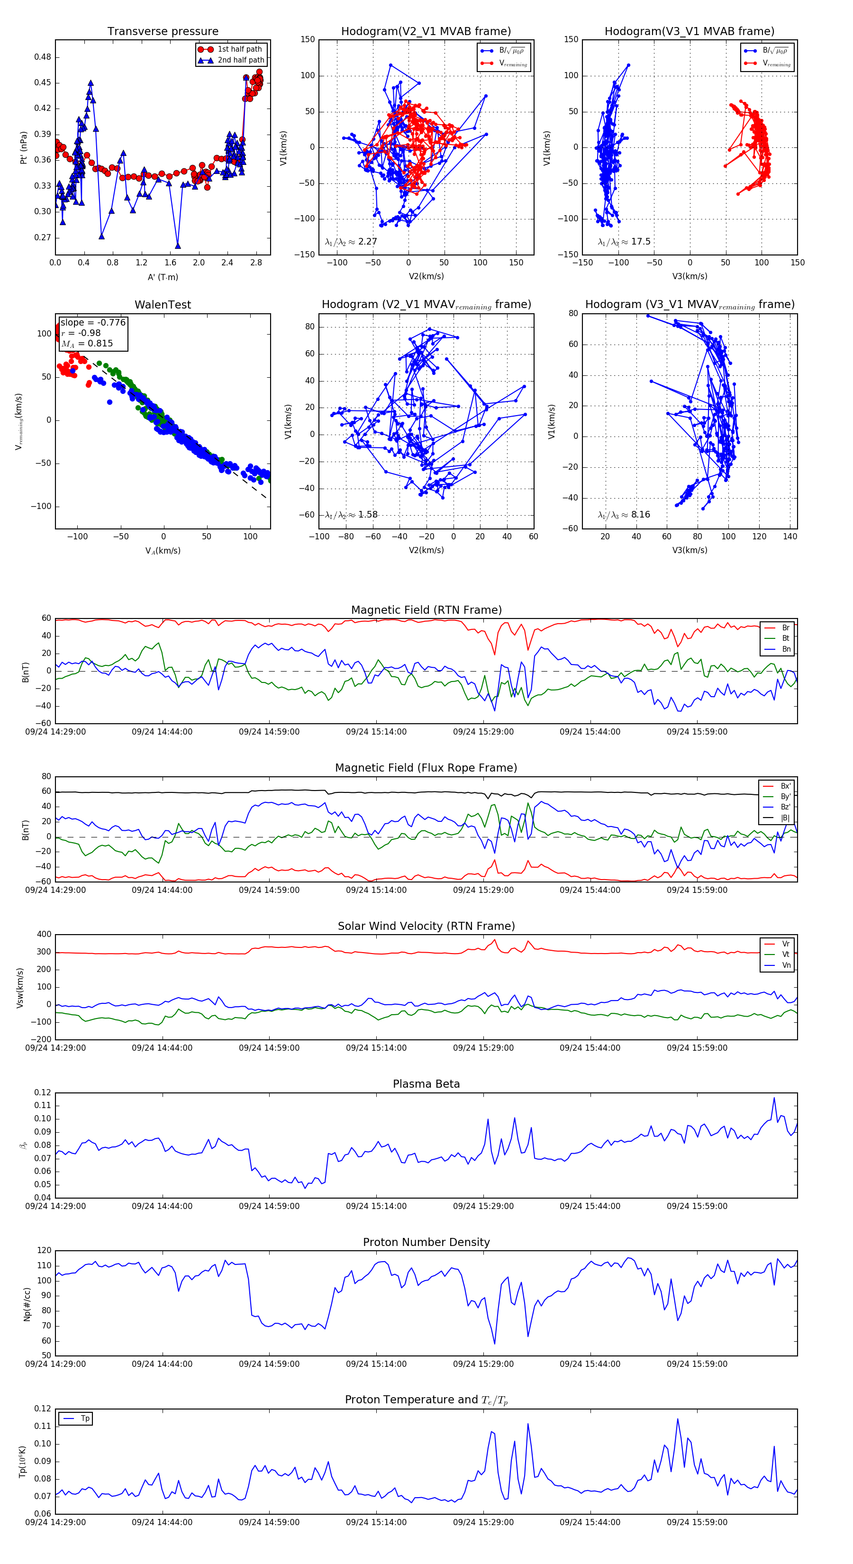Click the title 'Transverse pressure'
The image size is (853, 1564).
click(163, 32)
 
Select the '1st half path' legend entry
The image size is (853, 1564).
click(239, 49)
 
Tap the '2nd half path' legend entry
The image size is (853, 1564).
click(240, 60)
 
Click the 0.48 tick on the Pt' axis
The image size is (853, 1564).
click(43, 57)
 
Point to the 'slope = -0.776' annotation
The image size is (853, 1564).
click(93, 322)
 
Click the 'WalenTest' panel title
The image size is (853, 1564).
click(163, 305)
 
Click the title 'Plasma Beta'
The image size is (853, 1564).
click(426, 1084)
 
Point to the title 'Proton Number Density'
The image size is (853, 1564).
click(426, 1242)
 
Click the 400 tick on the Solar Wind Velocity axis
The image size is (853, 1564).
click(44, 935)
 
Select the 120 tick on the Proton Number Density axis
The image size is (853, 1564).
click(44, 1251)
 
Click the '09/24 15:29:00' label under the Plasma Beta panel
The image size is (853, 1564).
click(483, 1206)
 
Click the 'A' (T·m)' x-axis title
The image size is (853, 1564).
click(163, 277)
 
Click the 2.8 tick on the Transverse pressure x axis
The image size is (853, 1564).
click(255, 263)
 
